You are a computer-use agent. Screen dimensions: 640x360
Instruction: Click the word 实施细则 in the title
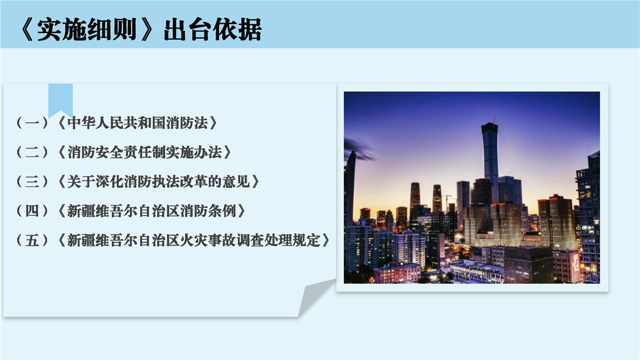coord(86,29)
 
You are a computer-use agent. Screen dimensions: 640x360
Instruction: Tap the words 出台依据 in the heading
coord(213,29)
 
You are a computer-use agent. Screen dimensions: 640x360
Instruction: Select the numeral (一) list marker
coord(32,123)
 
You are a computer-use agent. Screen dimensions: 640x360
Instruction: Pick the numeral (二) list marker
coord(32,152)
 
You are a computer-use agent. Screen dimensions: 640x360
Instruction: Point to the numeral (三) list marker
coord(32,181)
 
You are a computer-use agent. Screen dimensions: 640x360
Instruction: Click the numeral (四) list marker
coord(32,211)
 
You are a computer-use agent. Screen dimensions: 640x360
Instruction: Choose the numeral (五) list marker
coord(32,240)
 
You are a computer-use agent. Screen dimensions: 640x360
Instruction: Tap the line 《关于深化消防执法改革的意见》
coord(158,181)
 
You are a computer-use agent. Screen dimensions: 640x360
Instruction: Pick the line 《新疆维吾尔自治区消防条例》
coord(151,211)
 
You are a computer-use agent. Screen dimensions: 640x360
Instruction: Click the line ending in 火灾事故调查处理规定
coord(193,240)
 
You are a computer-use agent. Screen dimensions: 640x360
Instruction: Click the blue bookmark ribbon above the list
coord(60,98)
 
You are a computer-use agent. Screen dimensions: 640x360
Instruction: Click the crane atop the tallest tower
coord(495,119)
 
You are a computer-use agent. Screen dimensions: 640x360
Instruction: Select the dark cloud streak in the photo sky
coord(359,149)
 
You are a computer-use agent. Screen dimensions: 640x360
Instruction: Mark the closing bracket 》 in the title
coord(147,29)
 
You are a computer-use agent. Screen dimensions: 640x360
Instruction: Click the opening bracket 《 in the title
coord(27,29)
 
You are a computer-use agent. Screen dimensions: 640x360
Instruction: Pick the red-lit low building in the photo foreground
coord(396,273)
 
